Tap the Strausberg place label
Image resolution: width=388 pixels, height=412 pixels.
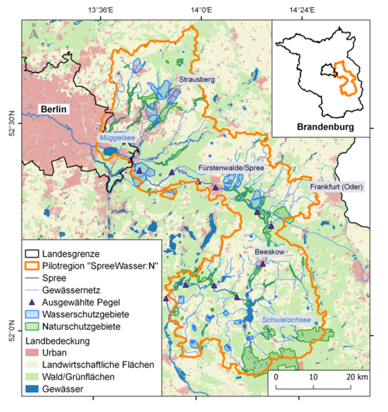click(x=196, y=79)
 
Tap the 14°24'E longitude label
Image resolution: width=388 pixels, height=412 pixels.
click(x=300, y=10)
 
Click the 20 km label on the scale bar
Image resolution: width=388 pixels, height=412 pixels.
click(x=357, y=376)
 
